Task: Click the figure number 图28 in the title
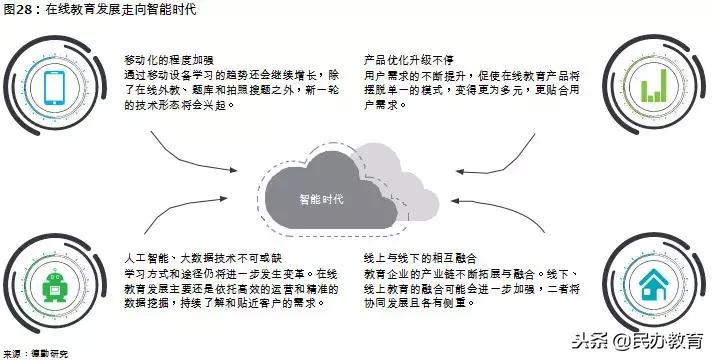tap(19, 11)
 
